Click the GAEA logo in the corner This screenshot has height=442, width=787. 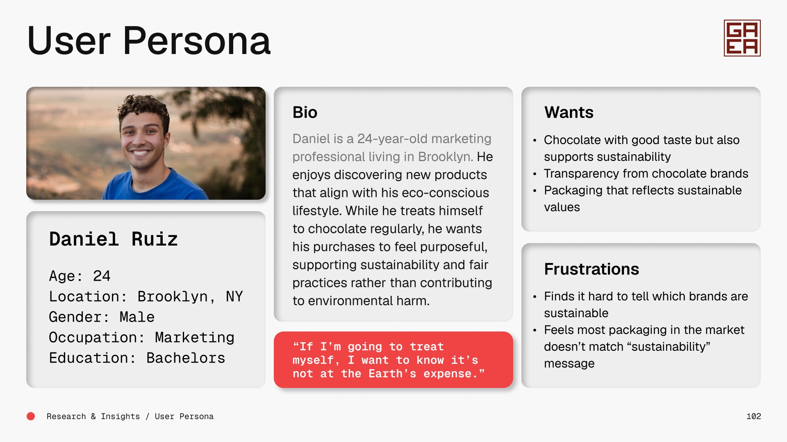[742, 38]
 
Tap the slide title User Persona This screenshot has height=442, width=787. [149, 41]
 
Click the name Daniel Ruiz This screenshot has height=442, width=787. [113, 239]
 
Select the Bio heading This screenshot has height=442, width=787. [305, 112]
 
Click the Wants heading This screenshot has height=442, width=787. [569, 112]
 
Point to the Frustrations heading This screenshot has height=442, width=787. [591, 269]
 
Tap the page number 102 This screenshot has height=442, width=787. [753, 416]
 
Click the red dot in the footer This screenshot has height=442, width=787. [31, 416]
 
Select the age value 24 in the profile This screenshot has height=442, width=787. [102, 276]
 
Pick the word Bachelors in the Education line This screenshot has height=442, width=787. [186, 358]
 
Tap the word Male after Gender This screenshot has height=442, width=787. [137, 317]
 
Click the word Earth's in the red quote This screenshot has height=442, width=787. [392, 374]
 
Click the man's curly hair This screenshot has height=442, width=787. [143, 107]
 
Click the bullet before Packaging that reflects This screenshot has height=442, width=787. [535, 191]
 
